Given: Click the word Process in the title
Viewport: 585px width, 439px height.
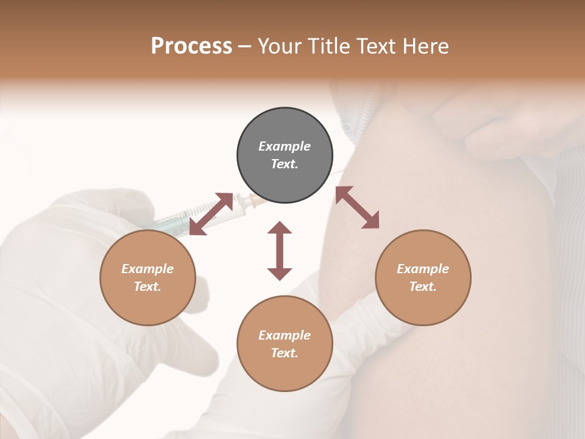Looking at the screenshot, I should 191,46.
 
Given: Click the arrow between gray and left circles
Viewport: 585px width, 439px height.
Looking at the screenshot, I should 211,213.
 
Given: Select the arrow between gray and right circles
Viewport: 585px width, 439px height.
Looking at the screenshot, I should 357,207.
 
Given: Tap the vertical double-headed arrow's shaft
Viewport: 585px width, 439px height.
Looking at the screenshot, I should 280,251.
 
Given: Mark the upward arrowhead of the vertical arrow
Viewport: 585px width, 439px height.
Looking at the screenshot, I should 280,227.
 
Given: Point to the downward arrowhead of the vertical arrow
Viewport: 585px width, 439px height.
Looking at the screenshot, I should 280,274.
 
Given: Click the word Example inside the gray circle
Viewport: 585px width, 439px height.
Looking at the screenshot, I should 285,146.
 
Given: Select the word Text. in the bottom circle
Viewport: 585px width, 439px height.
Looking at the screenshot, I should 285,353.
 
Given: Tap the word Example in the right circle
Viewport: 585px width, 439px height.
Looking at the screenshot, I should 423,269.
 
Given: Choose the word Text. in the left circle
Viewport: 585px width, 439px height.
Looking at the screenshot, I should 147,287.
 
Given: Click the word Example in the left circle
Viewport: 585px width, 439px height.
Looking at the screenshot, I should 147,269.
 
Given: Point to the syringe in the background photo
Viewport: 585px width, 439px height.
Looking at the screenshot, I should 183,220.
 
